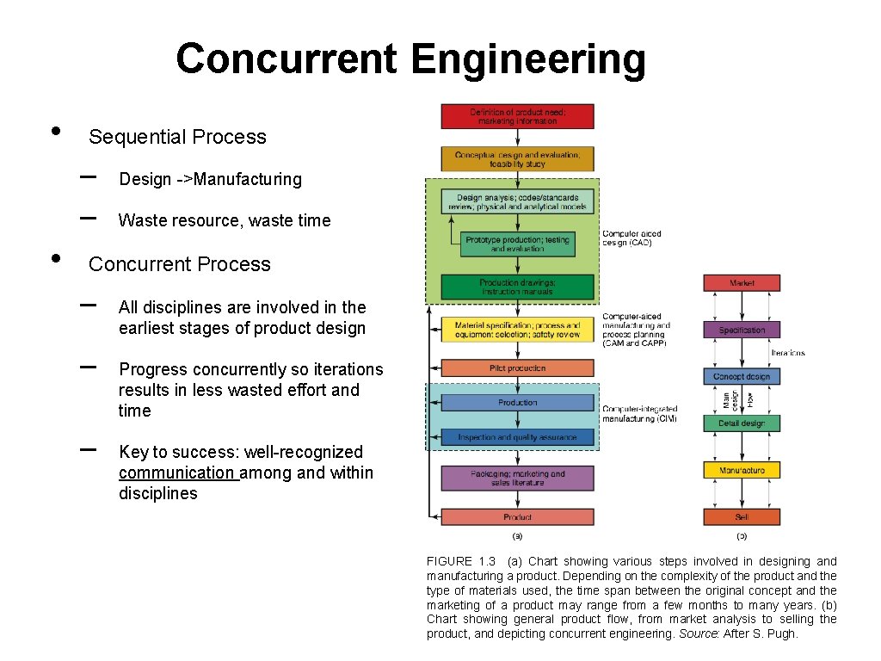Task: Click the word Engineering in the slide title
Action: click(x=528, y=59)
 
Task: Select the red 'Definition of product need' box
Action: click(x=517, y=116)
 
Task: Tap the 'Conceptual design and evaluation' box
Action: click(x=517, y=158)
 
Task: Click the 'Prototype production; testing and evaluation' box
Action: click(x=517, y=244)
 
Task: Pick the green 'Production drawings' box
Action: click(x=517, y=287)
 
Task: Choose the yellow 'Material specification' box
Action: click(x=517, y=330)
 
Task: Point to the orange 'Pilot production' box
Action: click(x=517, y=368)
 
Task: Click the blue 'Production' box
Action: click(x=517, y=403)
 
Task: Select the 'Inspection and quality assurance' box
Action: click(x=517, y=437)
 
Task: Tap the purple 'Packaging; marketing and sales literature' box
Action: click(x=517, y=478)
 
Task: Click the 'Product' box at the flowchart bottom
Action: click(x=517, y=517)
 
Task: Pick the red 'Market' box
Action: click(x=742, y=282)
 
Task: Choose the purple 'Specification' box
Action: click(x=742, y=330)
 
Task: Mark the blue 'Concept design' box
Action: click(x=742, y=376)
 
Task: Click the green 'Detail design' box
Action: click(x=742, y=423)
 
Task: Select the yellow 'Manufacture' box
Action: click(x=742, y=470)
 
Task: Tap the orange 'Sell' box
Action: click(x=742, y=517)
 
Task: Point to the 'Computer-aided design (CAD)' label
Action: click(x=631, y=238)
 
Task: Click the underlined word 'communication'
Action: click(x=176, y=473)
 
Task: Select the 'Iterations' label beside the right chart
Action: click(x=788, y=353)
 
